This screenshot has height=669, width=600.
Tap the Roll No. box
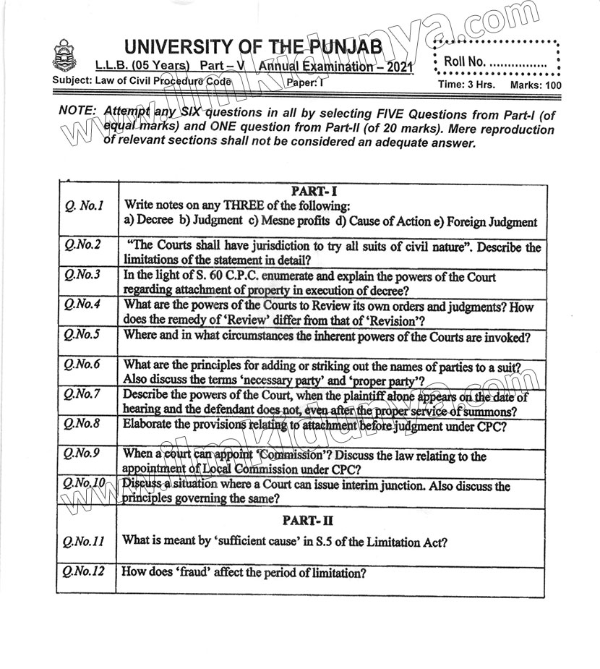pos(496,62)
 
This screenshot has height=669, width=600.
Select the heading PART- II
pos(313,520)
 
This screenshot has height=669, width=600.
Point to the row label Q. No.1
pos(84,207)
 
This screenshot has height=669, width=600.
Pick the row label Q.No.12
pos(84,571)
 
